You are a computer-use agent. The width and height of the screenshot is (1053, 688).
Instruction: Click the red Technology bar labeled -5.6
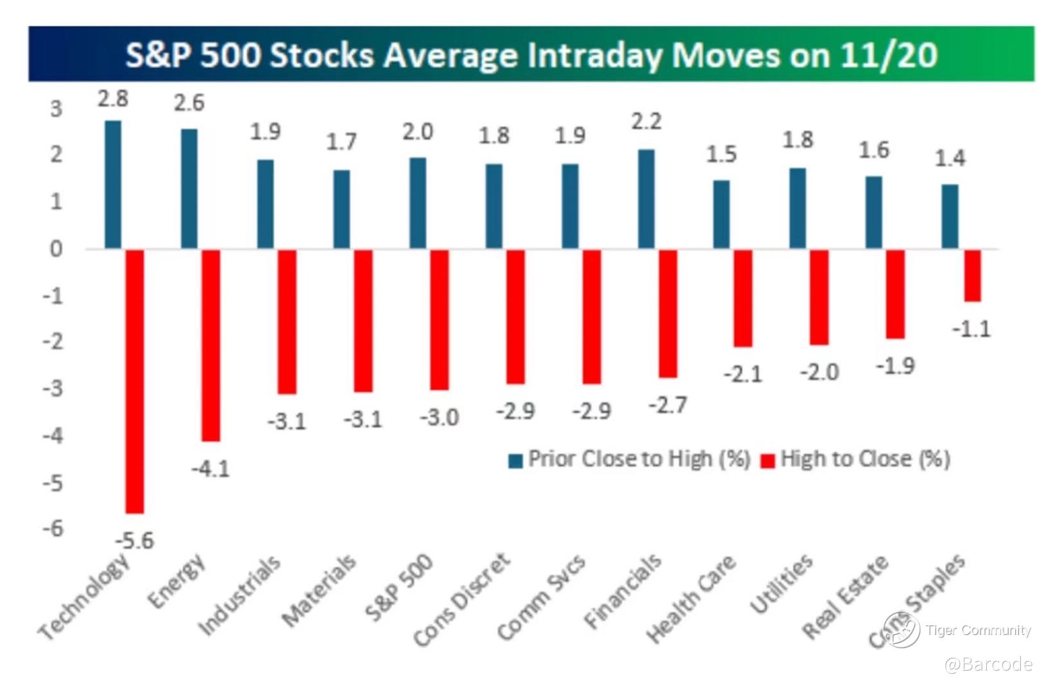(135, 382)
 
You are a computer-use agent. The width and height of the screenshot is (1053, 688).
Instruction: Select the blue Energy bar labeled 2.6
(189, 189)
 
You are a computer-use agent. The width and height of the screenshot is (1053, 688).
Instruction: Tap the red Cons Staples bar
(972, 276)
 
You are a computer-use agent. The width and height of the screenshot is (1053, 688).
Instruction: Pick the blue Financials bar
(646, 199)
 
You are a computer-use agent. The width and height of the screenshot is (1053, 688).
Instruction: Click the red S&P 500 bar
(440, 320)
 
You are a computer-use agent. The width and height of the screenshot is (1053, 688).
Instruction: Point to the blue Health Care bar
(722, 215)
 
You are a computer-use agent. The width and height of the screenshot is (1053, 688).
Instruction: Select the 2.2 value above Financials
(646, 122)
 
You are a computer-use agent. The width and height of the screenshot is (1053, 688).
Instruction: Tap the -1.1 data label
(972, 329)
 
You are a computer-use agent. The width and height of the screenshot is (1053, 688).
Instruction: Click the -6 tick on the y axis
(53, 529)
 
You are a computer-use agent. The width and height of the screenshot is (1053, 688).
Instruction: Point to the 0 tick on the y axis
(56, 249)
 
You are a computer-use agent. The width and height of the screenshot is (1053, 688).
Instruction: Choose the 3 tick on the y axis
(56, 109)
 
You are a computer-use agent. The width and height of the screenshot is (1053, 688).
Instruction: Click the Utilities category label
(782, 583)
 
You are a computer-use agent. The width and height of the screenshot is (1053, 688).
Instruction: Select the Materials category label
(319, 590)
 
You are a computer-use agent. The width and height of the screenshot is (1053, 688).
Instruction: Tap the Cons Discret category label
(462, 600)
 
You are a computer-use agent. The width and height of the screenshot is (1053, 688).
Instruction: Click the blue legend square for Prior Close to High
(516, 461)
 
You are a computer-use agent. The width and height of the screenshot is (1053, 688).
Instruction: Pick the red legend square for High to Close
(767, 461)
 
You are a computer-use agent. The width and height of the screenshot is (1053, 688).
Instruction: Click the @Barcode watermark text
(989, 664)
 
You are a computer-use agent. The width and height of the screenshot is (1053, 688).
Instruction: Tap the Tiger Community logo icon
(901, 629)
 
